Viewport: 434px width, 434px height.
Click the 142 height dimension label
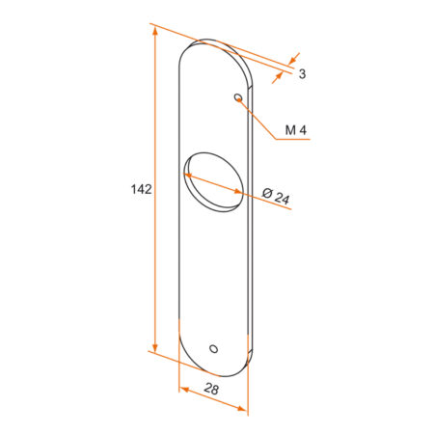click(141, 189)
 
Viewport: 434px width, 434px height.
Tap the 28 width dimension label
click(211, 389)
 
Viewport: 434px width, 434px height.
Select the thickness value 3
click(302, 74)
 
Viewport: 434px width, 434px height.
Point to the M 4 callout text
click(296, 130)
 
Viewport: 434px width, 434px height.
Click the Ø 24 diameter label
click(276, 196)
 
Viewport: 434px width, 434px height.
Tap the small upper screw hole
click(238, 97)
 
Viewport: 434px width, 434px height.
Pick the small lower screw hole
click(213, 349)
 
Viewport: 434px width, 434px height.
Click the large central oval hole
click(213, 182)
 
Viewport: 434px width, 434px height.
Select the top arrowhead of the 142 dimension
click(155, 31)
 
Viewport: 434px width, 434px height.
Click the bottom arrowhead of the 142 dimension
click(155, 347)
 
